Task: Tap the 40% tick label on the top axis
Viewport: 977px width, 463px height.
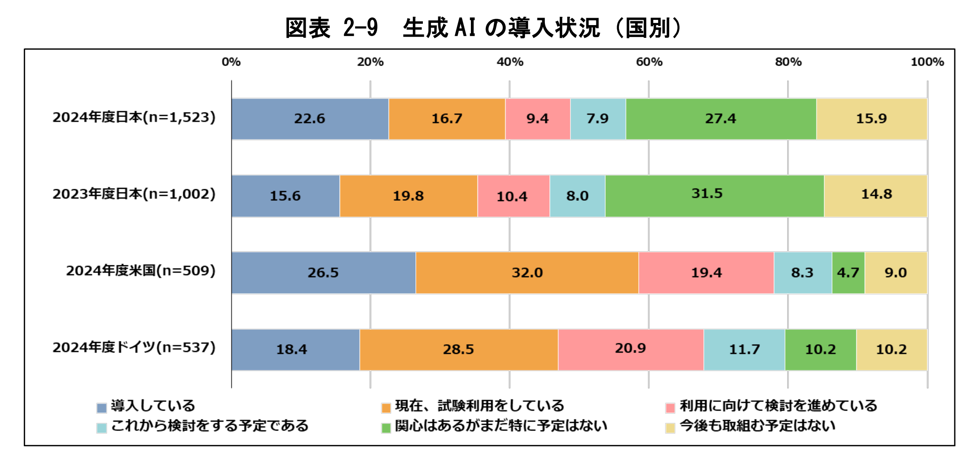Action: (510, 62)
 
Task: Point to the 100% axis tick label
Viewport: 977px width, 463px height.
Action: (927, 62)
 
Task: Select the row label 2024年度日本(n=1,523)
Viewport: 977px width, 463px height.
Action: (134, 118)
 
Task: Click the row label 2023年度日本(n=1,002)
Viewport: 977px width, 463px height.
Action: (134, 194)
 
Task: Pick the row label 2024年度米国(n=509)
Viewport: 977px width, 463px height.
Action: (141, 271)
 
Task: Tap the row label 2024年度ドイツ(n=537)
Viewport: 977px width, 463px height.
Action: (134, 348)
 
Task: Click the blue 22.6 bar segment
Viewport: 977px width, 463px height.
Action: (310, 119)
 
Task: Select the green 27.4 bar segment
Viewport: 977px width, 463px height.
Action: (721, 119)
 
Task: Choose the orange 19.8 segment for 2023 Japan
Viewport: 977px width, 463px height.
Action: (408, 196)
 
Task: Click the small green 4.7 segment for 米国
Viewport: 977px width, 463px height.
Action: (848, 273)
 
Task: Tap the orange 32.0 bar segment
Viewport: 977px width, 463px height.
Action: (527, 273)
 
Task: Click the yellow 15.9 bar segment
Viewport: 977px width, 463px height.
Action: (871, 119)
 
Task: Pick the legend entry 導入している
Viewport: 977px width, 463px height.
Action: (152, 406)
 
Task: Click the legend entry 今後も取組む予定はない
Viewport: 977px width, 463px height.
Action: (757, 426)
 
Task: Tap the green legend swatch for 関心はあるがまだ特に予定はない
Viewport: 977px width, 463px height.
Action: (386, 428)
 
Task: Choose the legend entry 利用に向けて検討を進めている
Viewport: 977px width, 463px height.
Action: (778, 406)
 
